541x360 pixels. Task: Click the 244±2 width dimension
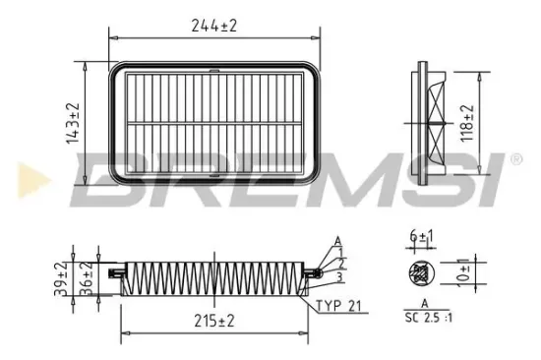pos(214,27)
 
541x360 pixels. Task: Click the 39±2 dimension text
pos(62,278)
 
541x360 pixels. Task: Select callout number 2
pos(340,262)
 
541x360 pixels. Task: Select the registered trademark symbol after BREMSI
pos(513,157)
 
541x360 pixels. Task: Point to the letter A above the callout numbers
pos(337,239)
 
